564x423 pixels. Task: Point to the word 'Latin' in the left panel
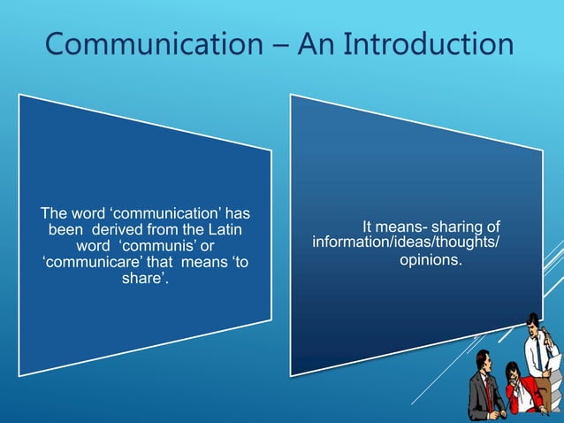(226, 230)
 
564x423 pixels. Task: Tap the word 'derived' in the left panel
(115, 230)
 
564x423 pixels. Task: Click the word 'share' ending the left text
(141, 280)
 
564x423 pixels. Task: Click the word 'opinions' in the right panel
(431, 263)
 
